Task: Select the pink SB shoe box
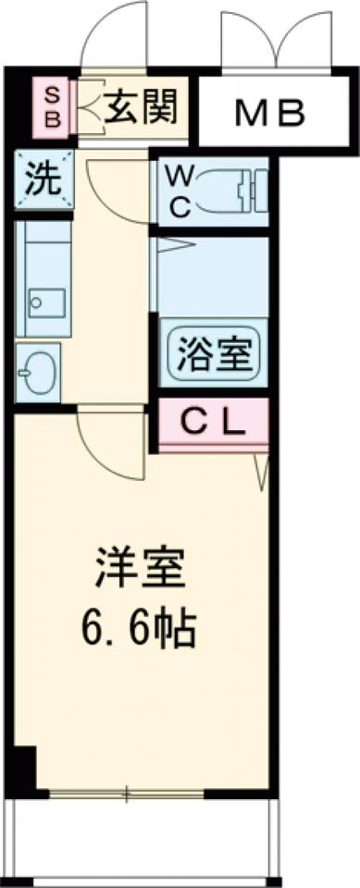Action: [52, 107]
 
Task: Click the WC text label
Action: [180, 191]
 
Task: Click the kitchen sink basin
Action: [45, 302]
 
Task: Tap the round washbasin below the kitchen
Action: [38, 373]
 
